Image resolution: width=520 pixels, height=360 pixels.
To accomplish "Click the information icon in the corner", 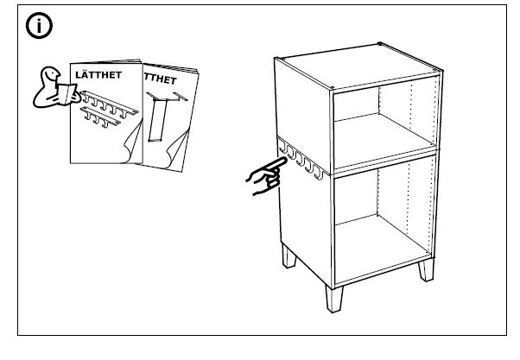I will [x=38, y=27].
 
